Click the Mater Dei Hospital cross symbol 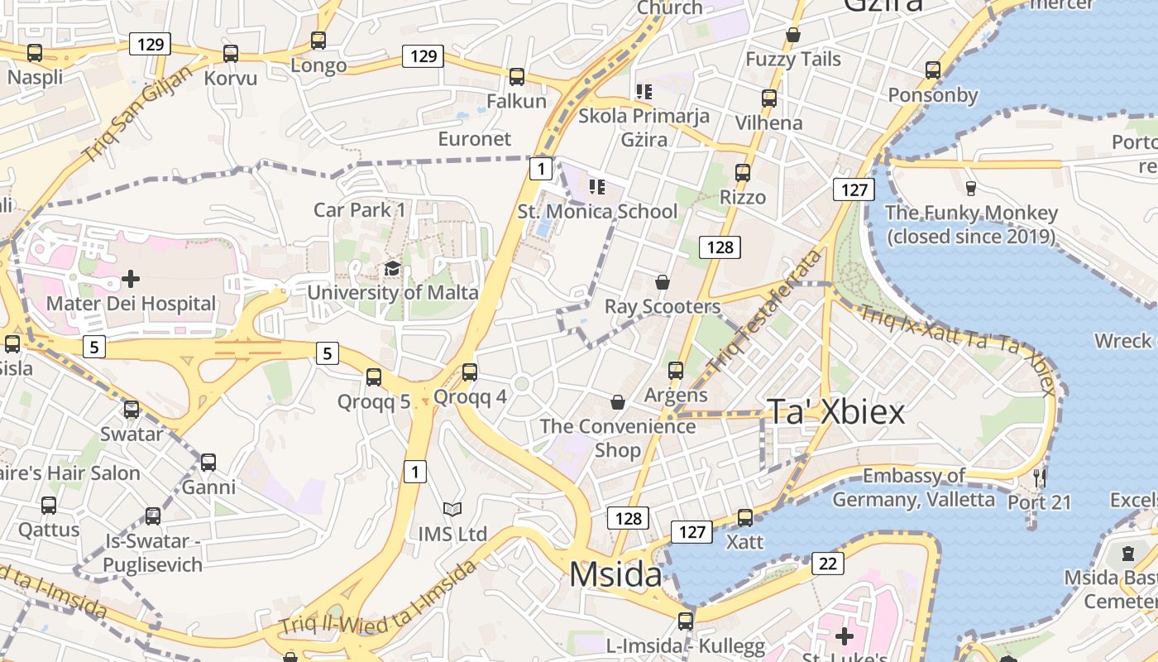(x=131, y=279)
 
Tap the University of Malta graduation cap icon (x=392, y=269)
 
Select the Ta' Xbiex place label (x=836, y=411)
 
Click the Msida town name (x=615, y=574)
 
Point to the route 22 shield (x=828, y=564)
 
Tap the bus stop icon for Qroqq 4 (x=470, y=372)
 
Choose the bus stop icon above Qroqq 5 (x=374, y=377)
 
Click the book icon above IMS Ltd (x=452, y=509)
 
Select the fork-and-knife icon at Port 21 (x=1040, y=477)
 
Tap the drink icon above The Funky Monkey (x=971, y=188)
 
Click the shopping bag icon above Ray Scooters (x=662, y=282)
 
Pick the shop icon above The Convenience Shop (x=617, y=402)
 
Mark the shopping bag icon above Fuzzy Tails (x=792, y=35)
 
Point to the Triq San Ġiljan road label (x=137, y=113)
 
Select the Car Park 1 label (x=360, y=209)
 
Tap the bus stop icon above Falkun (x=517, y=77)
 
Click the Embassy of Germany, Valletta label (x=913, y=487)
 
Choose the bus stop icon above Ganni (x=208, y=463)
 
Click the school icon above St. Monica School (x=597, y=186)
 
